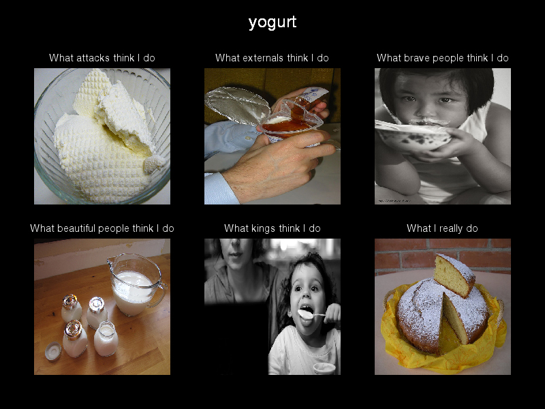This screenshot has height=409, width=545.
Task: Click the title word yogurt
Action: pyautogui.click(x=272, y=22)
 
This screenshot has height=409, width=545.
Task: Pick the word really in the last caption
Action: pyautogui.click(x=451, y=228)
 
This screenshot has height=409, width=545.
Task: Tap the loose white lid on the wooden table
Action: pyautogui.click(x=53, y=351)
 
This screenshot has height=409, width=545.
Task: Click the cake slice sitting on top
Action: pyautogui.click(x=454, y=275)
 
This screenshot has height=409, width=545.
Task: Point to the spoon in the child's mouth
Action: pyautogui.click(x=311, y=314)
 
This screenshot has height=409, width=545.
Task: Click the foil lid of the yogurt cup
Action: pyautogui.click(x=237, y=105)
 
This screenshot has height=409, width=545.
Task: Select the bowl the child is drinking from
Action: pyautogui.click(x=413, y=137)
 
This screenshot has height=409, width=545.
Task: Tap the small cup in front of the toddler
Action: pyautogui.click(x=324, y=368)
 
